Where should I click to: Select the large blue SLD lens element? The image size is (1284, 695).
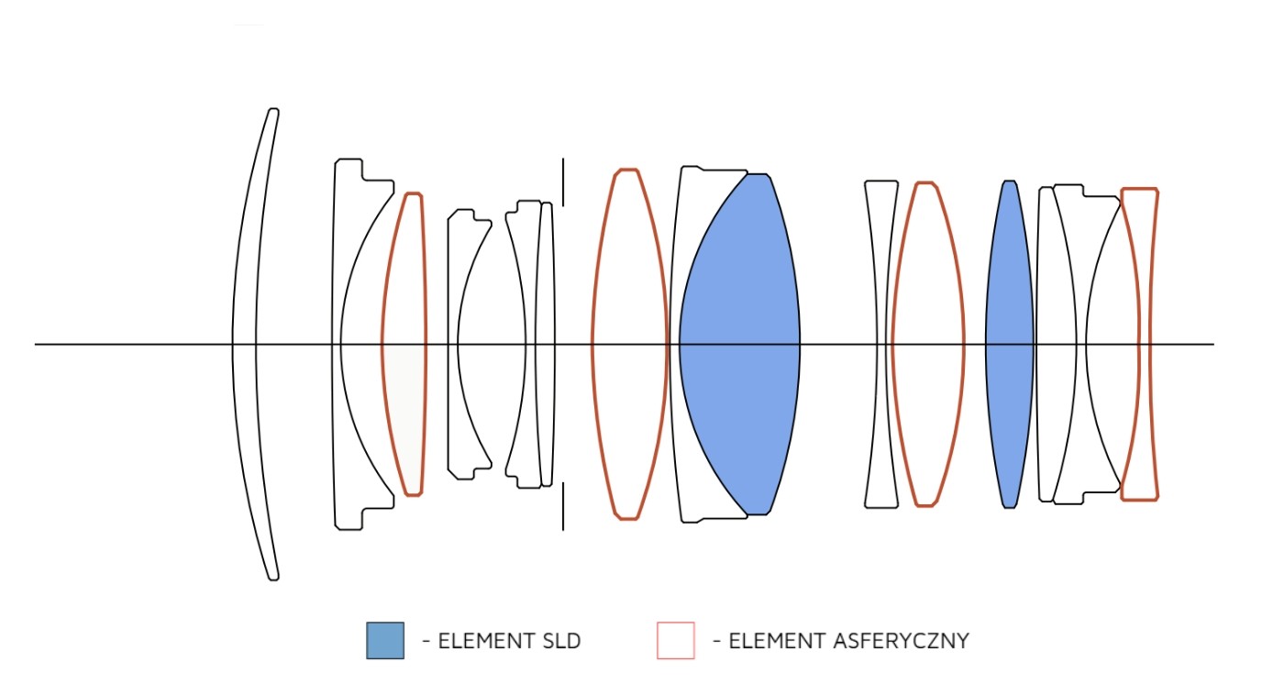(739, 345)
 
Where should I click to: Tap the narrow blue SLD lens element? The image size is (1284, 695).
(1009, 345)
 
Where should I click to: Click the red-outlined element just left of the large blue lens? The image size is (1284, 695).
(629, 345)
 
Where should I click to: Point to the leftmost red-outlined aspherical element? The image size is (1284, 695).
(404, 345)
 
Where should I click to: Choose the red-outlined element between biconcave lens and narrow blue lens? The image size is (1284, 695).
(928, 345)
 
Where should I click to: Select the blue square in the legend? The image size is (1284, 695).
(384, 640)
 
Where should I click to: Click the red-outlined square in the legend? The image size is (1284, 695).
(675, 640)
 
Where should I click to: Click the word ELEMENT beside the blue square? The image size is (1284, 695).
(481, 641)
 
